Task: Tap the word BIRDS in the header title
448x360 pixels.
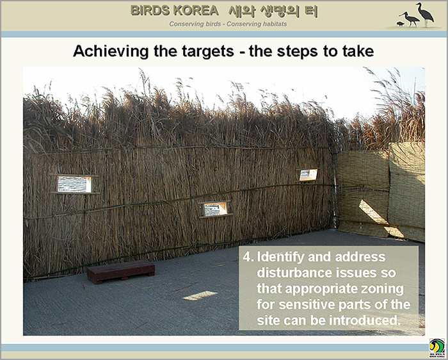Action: [150, 11]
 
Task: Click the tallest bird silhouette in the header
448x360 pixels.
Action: [425, 14]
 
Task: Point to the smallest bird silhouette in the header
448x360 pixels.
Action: [400, 24]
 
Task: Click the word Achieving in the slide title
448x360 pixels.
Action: [111, 51]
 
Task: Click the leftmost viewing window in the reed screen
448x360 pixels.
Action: [74, 184]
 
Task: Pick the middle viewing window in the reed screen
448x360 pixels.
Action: [216, 209]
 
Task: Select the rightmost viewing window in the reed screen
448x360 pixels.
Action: [308, 175]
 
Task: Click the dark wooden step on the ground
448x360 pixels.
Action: [121, 271]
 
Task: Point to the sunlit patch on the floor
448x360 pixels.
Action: [200, 295]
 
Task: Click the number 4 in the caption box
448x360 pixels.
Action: [246, 257]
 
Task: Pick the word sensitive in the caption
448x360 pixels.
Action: [307, 304]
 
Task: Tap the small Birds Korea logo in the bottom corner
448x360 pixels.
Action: [437, 348]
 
